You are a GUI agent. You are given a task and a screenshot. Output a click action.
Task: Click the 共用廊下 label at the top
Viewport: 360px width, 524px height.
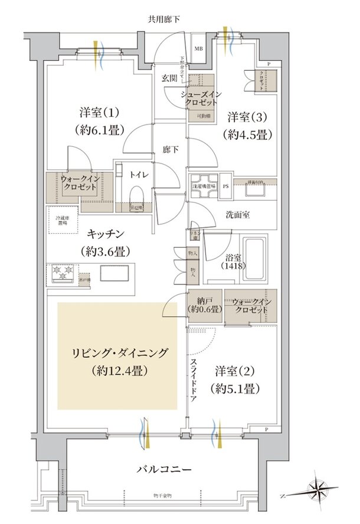point(163,19)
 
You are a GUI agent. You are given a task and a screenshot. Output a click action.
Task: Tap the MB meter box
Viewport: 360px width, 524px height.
point(199,48)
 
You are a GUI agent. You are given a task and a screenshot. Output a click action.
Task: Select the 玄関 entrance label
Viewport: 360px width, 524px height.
point(169,77)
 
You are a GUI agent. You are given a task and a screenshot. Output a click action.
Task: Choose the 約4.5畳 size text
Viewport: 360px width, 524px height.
point(248,134)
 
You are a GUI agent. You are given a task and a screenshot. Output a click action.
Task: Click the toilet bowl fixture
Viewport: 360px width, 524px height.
point(135,195)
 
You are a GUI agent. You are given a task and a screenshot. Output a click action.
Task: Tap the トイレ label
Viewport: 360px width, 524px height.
point(140,175)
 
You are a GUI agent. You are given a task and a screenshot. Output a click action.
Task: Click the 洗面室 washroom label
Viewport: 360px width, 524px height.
point(238,215)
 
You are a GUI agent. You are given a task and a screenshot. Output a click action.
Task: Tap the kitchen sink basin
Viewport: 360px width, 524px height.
point(112,273)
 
